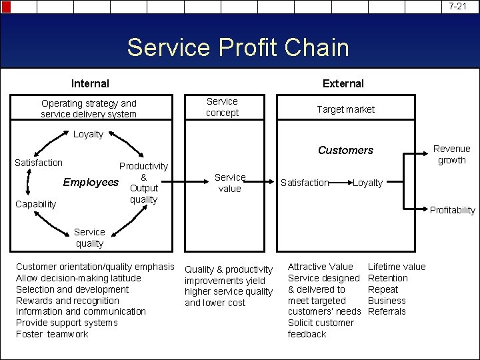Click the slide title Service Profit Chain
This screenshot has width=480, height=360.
[x=238, y=48]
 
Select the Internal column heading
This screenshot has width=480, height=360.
[x=90, y=83]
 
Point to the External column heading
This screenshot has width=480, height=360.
[x=343, y=83]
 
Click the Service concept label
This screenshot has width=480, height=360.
[x=222, y=107]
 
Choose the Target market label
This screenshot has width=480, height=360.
[x=345, y=109]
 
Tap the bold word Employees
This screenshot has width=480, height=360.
[x=91, y=182]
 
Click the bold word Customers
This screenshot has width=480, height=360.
[x=345, y=150]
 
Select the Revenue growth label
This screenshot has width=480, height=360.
[x=451, y=154]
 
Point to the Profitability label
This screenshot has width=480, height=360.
[x=453, y=210]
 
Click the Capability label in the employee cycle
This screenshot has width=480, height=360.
[x=35, y=204]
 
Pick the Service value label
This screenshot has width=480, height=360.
[x=230, y=183]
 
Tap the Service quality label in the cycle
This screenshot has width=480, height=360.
[x=89, y=238]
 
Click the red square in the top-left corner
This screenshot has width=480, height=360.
[x=7, y=7]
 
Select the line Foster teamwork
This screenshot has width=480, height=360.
[x=51, y=334]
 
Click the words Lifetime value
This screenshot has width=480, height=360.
[x=397, y=267]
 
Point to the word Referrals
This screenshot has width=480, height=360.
[x=387, y=311]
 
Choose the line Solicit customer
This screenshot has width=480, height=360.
[x=321, y=323]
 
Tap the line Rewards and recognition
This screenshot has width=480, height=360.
[x=67, y=301]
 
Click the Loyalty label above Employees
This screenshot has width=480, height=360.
[x=88, y=134]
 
